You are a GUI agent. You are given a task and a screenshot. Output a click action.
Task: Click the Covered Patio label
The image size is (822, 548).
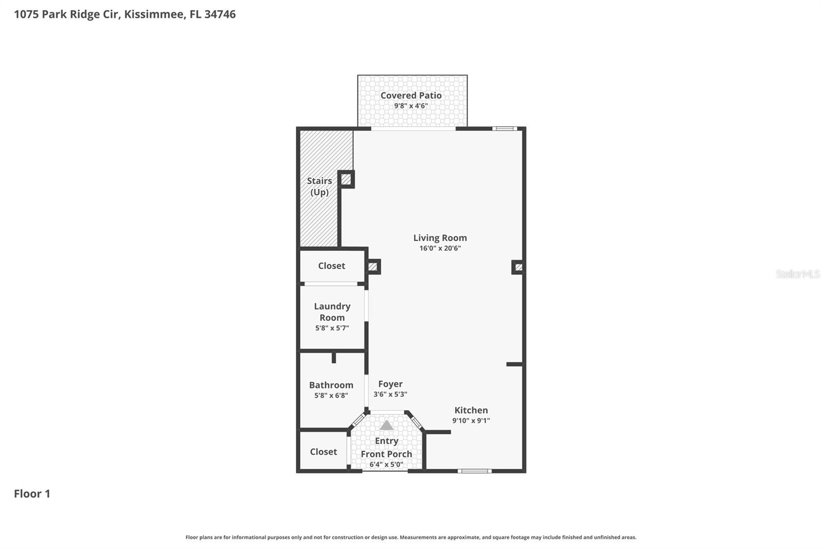(411, 95)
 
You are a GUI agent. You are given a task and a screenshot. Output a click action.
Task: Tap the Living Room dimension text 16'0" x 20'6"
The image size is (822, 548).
(440, 248)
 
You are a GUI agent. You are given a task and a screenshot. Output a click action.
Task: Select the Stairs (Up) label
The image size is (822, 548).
(319, 187)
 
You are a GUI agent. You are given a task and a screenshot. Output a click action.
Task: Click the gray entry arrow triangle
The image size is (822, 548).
(386, 426)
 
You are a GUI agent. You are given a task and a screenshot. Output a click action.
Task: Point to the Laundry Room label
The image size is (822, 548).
(332, 312)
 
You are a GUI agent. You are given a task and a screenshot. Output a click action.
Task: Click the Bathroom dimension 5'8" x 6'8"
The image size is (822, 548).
(331, 395)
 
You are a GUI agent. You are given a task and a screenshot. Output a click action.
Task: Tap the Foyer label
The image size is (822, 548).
(390, 384)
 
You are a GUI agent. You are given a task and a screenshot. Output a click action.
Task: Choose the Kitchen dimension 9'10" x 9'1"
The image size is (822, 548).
(471, 421)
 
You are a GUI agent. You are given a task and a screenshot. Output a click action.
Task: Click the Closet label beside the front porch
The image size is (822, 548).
(323, 452)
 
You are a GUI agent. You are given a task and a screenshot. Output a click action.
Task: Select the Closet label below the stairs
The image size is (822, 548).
(331, 266)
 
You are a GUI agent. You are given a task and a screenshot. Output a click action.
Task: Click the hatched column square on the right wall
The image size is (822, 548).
(518, 267)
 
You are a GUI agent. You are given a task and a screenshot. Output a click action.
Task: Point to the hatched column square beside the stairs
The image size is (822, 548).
(346, 179)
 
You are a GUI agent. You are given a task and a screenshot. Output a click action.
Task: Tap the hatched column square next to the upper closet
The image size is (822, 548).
(373, 267)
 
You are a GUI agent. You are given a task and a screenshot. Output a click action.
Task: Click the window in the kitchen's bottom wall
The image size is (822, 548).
(474, 470)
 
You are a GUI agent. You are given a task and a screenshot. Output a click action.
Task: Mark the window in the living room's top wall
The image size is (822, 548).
(504, 129)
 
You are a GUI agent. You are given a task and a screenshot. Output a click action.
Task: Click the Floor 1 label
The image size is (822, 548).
(32, 494)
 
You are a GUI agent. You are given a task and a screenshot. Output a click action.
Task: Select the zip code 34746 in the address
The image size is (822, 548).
(220, 14)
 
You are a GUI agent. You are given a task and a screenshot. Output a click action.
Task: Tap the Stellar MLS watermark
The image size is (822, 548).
(797, 274)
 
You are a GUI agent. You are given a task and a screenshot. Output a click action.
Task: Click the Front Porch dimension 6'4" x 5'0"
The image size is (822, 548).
(386, 465)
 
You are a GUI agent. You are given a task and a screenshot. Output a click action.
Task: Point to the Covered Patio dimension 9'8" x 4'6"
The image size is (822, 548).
(411, 106)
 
